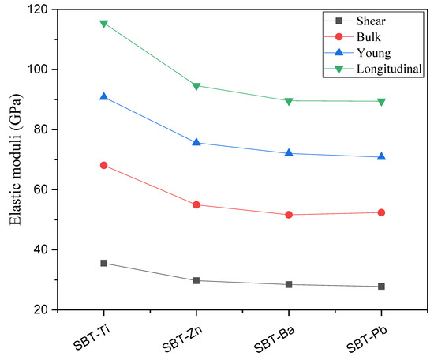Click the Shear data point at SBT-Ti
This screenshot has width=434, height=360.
(103, 263)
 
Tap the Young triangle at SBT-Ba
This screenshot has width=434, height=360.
(289, 152)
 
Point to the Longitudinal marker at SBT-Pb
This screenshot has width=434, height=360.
(382, 102)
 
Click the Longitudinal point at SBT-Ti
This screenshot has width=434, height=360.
(103, 24)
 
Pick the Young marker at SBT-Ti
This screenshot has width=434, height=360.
(103, 96)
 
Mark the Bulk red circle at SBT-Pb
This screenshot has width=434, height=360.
(382, 212)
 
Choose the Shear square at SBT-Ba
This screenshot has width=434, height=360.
(289, 284)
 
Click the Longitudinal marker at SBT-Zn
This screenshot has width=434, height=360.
(196, 86)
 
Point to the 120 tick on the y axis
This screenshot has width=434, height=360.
(32, 9)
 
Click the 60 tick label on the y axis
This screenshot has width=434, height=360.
(36, 189)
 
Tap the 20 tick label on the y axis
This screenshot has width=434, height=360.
(36, 309)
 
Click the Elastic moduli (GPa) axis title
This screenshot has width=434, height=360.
(12, 159)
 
